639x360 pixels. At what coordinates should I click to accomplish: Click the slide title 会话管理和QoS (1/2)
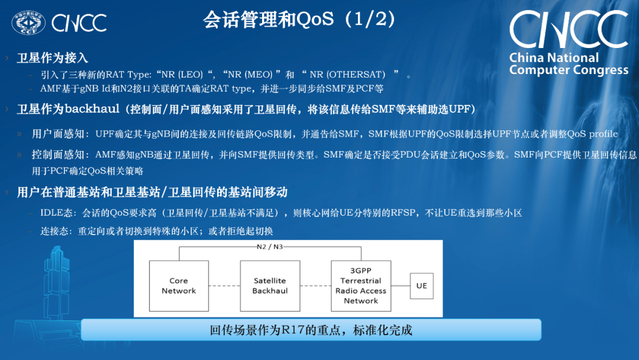[x=299, y=20]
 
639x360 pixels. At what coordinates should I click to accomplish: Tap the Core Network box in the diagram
[x=179, y=285]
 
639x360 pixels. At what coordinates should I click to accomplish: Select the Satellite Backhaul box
[x=270, y=285]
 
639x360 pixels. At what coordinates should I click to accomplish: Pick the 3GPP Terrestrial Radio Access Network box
[x=360, y=285]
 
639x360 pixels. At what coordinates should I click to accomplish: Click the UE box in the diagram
[x=421, y=285]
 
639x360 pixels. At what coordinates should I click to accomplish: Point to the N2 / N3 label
[x=269, y=246]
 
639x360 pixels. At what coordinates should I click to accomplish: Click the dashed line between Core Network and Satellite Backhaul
[x=224, y=286]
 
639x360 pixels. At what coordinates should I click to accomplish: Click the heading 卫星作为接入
[x=53, y=57]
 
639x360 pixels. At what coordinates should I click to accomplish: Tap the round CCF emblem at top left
[x=28, y=22]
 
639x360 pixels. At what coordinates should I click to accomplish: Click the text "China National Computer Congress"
[x=568, y=64]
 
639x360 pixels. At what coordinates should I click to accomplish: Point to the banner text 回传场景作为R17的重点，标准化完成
[x=311, y=330]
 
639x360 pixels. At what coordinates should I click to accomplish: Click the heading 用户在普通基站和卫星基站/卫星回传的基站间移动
[x=152, y=192]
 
